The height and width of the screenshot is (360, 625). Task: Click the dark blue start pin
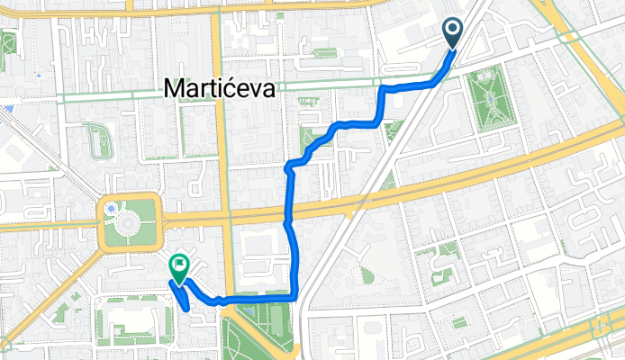coord(453,35)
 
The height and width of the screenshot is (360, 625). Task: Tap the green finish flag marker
coord(178,267)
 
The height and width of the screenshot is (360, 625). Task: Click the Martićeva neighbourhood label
coord(222,88)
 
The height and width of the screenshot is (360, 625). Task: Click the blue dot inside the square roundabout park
coord(111,208)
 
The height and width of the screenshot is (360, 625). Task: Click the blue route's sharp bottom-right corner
coord(296,296)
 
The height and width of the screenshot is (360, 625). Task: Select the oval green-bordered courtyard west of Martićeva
coord(97,140)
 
